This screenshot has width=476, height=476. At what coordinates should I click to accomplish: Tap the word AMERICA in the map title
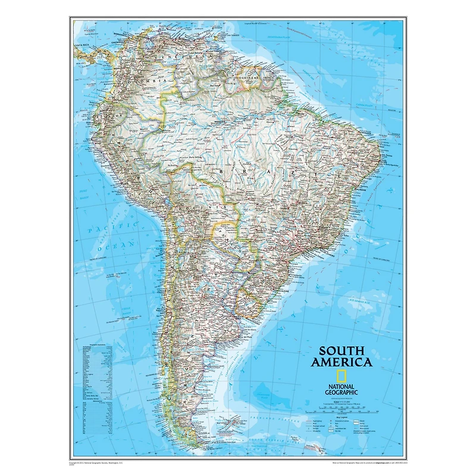[345, 362]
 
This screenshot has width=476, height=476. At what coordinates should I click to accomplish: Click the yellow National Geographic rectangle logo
[342, 375]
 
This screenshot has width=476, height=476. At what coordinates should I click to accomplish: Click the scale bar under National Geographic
[342, 409]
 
